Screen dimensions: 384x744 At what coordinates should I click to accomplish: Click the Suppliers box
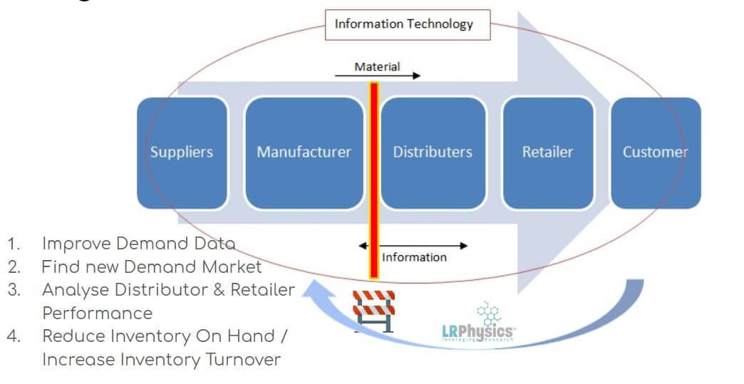[x=182, y=152]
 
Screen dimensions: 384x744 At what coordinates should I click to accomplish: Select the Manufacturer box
[x=304, y=152]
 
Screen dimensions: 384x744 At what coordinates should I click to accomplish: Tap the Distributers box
[x=433, y=152]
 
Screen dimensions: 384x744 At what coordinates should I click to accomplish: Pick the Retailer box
[x=547, y=152]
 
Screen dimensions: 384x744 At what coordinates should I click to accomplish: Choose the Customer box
[x=656, y=152]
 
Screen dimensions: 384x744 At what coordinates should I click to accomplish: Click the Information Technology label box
[x=404, y=24]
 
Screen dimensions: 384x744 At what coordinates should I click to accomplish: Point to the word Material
[x=377, y=67]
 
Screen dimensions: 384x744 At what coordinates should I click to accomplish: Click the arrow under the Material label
[x=378, y=76]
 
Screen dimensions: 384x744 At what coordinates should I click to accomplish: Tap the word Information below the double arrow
[x=415, y=257]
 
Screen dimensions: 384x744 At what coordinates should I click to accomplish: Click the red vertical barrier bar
[x=373, y=178]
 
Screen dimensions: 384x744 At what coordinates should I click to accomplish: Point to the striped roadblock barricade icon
[x=373, y=311]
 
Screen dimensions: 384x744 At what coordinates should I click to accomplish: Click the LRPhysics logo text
[x=478, y=331]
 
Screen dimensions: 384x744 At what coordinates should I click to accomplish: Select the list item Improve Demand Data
[x=138, y=243]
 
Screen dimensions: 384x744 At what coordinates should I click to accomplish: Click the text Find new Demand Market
[x=152, y=267]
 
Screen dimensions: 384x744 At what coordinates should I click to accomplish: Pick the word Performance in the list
[x=98, y=313]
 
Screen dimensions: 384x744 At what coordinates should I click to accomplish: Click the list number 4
[x=14, y=336]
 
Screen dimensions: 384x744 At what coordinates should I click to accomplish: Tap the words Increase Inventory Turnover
[x=161, y=360]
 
